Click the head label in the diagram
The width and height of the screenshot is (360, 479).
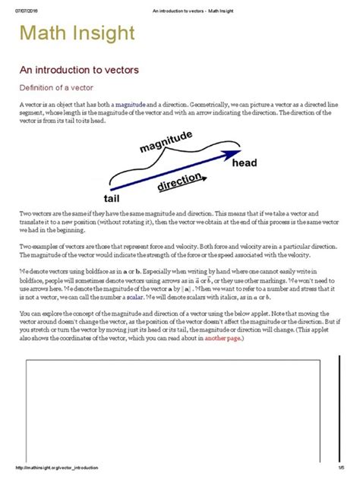coord(245,163)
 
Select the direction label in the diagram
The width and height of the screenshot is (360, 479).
coord(178,184)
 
